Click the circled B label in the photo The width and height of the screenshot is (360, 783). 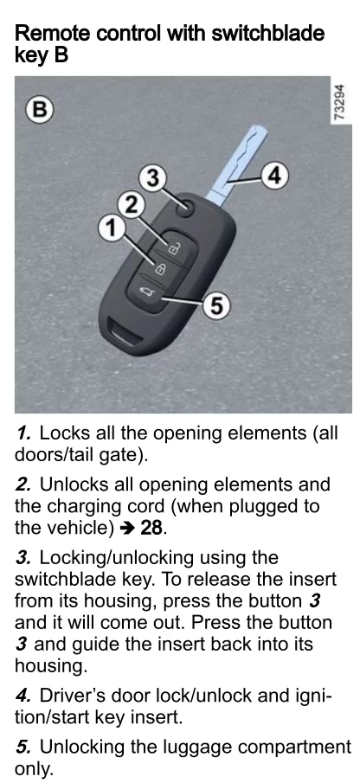[40, 109]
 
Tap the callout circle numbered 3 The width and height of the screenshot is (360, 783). [153, 177]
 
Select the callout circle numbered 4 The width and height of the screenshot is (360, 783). [275, 176]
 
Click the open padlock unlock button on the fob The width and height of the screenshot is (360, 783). [172, 247]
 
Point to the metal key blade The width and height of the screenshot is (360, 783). [239, 165]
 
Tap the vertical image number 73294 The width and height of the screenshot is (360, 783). [339, 102]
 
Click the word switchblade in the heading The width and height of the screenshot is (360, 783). [268, 33]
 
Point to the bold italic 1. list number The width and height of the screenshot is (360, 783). [25, 433]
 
